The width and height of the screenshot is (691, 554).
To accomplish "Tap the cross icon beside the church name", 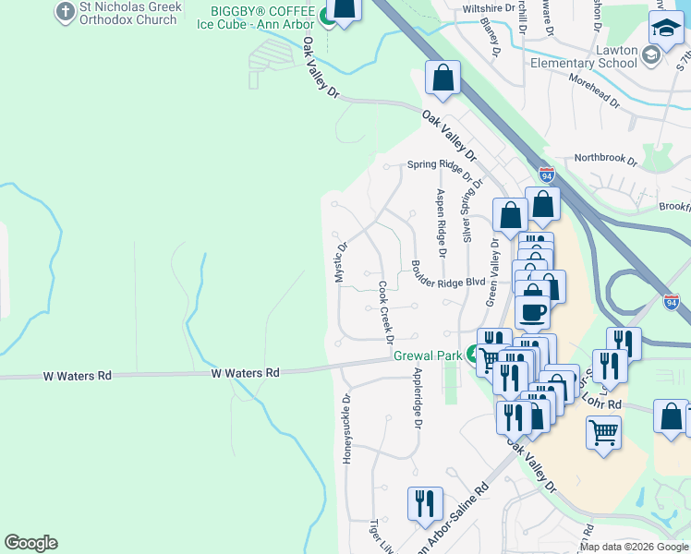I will (x=65, y=11).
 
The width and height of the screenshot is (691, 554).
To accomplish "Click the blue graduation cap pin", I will (x=666, y=30).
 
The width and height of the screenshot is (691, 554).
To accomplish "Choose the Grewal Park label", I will (x=427, y=355).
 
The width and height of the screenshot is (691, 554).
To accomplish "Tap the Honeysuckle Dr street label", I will (x=347, y=429).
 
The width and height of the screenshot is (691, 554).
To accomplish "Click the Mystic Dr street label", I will (x=341, y=262).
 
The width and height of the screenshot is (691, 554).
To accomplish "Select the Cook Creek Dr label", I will (x=384, y=312).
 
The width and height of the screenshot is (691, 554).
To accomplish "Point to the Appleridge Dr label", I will (x=418, y=398).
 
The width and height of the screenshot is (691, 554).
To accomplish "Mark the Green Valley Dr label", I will (x=492, y=271).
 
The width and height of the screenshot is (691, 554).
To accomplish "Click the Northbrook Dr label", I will (x=605, y=158).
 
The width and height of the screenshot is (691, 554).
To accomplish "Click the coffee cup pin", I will (x=532, y=311).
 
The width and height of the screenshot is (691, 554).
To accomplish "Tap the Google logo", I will (x=30, y=543).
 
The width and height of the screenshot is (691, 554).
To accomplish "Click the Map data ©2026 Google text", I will (x=635, y=547).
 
